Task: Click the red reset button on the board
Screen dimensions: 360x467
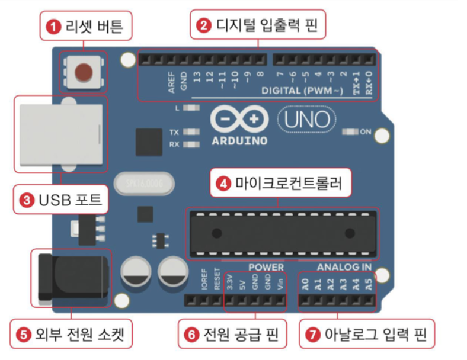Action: click(83, 72)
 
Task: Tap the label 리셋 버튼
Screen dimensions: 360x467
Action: click(85, 27)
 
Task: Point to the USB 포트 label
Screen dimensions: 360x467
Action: click(62, 200)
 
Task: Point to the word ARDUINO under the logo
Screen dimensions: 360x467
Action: click(239, 141)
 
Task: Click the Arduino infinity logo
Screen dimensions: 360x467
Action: click(239, 120)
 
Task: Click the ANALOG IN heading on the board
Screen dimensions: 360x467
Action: click(344, 268)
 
